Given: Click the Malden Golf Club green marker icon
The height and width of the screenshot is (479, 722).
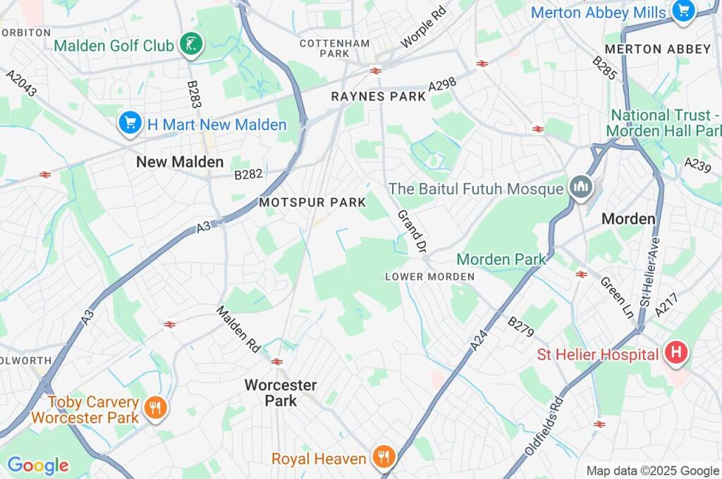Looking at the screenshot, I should tap(190, 46).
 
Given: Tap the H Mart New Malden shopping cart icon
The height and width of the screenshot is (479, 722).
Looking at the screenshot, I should tap(130, 124).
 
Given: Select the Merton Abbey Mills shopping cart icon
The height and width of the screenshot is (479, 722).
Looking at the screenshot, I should tap(683, 12).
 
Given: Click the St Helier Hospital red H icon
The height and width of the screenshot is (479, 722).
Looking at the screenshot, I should tap(675, 354).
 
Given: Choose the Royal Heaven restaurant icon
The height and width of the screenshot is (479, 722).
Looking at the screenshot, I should tap(384, 459).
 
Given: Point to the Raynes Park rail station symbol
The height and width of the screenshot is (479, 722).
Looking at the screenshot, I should tap(375, 70).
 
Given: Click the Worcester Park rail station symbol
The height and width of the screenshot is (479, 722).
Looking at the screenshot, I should tap(277, 361).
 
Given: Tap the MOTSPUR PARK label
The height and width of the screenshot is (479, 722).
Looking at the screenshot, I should tap(312, 203).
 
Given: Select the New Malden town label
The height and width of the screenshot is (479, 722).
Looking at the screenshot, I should tap(180, 162).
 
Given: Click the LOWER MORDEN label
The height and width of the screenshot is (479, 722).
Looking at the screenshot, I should tap(429, 277).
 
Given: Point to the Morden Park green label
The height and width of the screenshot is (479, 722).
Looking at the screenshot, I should tap(501, 259).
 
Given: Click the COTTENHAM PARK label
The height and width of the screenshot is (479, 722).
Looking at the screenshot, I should tap(334, 48).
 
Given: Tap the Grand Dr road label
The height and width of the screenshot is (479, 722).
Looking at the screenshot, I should tap(412, 230).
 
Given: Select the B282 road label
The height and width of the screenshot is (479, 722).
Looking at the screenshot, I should tap(248, 174).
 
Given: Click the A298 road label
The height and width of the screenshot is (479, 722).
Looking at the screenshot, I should tap(442, 85).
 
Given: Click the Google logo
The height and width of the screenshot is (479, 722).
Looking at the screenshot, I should tap(37, 466).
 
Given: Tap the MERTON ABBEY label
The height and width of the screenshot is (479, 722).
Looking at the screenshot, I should tap(658, 49).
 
